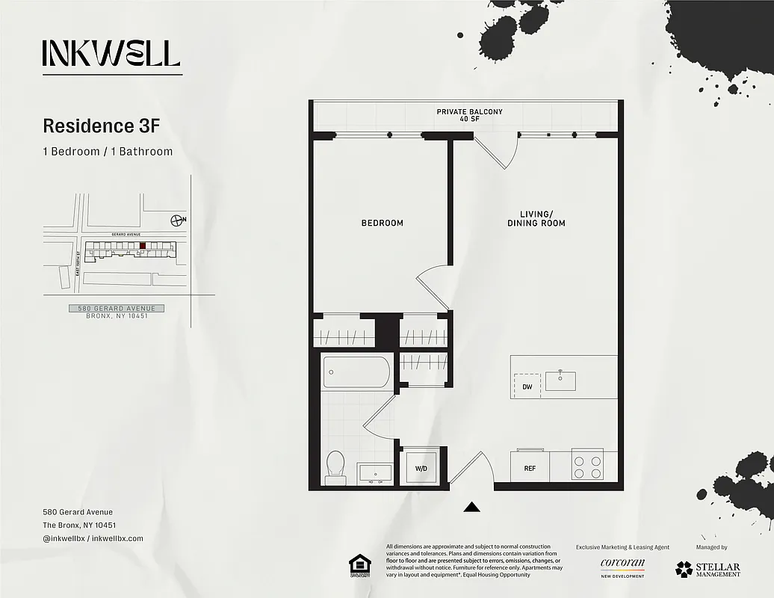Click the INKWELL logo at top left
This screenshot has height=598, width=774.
click(111, 53)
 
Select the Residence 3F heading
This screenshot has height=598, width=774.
click(102, 125)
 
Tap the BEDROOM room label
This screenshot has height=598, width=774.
click(382, 223)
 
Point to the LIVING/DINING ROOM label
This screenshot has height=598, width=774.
click(536, 218)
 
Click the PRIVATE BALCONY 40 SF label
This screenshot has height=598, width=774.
click(469, 115)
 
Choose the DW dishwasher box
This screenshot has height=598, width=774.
click(527, 386)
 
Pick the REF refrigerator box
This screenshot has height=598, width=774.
click(530, 468)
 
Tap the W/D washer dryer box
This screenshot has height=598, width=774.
click(421, 468)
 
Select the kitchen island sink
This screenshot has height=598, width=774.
click(560, 380)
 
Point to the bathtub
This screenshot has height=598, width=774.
click(356, 372)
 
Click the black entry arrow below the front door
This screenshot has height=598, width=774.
click(471, 508)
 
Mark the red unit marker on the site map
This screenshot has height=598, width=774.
click(143, 245)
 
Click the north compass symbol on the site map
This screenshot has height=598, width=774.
click(177, 220)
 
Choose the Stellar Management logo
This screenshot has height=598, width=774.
click(708, 570)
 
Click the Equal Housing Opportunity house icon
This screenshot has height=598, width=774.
click(360, 565)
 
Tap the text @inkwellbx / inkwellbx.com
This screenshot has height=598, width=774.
click(93, 538)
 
